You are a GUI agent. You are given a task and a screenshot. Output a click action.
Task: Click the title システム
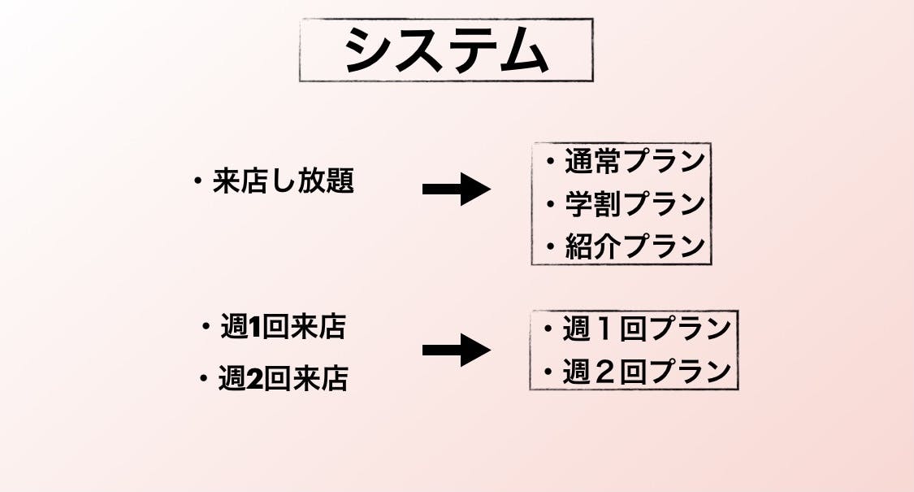coord(445,50)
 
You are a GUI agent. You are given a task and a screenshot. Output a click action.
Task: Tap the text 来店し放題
coord(283,181)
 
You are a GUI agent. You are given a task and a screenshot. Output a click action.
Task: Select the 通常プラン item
coord(635,162)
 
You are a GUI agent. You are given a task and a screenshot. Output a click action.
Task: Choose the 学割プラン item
coord(635,203)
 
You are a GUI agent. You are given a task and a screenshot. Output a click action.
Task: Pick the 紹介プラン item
coord(635,246)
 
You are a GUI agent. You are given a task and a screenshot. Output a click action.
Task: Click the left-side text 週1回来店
coord(283,327)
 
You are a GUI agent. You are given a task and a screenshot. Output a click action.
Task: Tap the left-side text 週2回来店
coord(283,379)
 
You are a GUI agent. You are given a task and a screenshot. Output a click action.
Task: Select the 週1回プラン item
coord(647,329)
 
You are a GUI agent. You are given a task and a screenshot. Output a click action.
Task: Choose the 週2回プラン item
coord(647,372)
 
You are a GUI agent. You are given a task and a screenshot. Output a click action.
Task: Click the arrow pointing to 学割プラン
coord(456,189)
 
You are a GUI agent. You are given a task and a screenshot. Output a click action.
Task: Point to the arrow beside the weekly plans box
coord(456,350)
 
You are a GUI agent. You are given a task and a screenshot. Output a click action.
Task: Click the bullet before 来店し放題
coord(197,182)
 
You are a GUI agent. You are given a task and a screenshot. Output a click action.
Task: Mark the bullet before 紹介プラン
coord(550,246)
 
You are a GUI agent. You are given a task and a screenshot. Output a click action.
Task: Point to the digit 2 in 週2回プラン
coord(604,372)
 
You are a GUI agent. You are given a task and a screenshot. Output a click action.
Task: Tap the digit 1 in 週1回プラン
coord(604,330)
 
